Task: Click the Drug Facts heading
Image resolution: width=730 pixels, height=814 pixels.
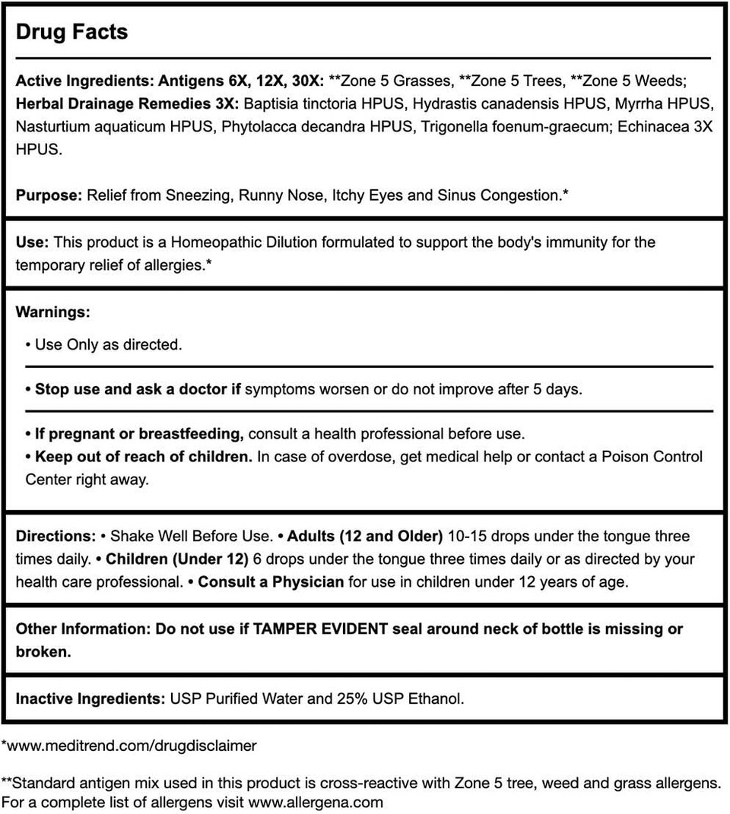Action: (x=71, y=33)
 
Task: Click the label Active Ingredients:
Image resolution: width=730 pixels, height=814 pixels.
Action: (x=85, y=81)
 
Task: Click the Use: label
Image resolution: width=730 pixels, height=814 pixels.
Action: (x=33, y=242)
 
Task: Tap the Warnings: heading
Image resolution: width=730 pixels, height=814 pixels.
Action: (x=52, y=312)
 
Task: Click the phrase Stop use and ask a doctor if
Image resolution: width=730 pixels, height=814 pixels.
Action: (x=138, y=389)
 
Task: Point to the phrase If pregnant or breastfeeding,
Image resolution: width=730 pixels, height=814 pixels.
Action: (x=139, y=434)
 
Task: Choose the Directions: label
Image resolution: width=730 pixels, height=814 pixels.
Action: (x=56, y=536)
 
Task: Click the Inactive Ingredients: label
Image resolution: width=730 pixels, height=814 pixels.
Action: (x=90, y=698)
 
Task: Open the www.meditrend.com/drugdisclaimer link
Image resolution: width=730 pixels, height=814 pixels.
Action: (x=132, y=746)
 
